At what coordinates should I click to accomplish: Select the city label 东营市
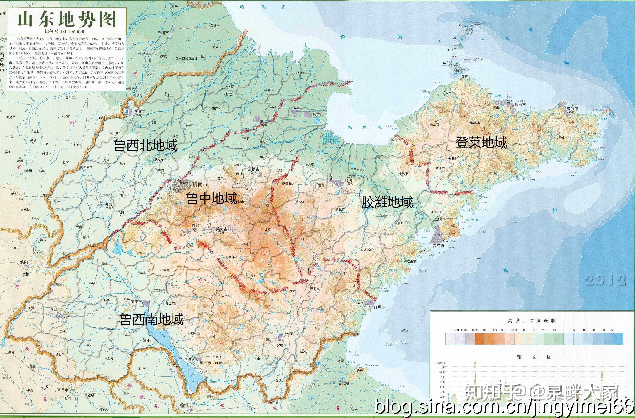click(x=318, y=114)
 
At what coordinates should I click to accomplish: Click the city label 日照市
click(x=379, y=307)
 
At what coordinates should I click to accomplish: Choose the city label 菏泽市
click(x=56, y=309)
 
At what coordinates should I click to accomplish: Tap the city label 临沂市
click(x=271, y=339)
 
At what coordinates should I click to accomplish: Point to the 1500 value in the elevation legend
click(x=455, y=330)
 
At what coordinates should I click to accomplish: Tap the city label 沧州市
click(x=163, y=33)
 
